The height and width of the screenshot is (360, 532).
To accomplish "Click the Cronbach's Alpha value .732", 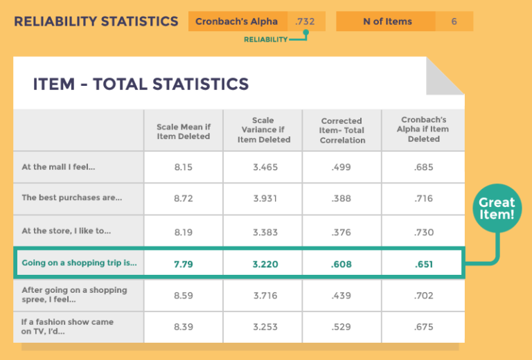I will point(305,21).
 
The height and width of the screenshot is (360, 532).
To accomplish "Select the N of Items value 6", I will point(454,21).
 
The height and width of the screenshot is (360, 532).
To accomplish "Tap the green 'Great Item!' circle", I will point(497,208).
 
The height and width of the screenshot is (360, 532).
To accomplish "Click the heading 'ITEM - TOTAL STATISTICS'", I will point(141,84).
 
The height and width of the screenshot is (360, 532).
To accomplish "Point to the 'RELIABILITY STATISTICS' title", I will point(96,21).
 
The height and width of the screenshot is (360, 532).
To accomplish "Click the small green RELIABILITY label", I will point(265,40).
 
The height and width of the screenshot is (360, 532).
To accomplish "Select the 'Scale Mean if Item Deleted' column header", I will point(183,132).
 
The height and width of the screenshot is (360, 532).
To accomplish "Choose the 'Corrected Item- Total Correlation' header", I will point(342,131).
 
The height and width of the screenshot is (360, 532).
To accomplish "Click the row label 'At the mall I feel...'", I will point(58,167).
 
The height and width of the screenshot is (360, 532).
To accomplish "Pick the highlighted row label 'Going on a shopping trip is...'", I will point(79,263).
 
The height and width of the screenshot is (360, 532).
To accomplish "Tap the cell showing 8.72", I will point(183,198).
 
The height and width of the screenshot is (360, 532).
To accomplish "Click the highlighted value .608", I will point(342,263).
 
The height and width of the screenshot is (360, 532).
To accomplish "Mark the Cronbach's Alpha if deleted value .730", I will point(423,231).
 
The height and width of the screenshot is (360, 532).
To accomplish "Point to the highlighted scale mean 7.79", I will point(183,263).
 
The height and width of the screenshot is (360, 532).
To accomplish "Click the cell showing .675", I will point(423,327).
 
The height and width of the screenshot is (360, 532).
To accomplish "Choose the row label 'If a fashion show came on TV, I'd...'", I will point(67,327).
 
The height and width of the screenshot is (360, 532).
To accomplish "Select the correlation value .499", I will point(342,167).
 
